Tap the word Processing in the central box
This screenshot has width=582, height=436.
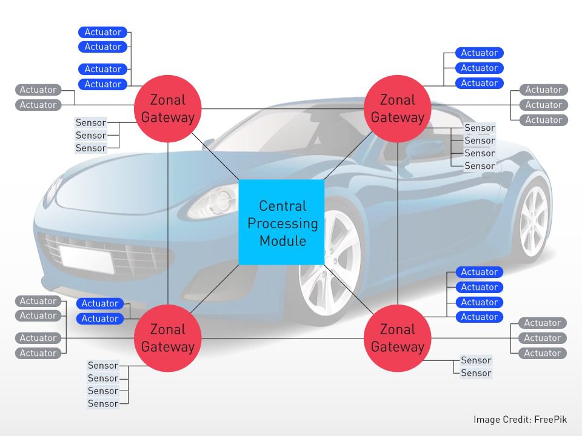pos(283,223)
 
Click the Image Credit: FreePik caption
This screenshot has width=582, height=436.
pos(520,419)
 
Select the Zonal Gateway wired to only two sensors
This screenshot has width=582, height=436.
pos(398,338)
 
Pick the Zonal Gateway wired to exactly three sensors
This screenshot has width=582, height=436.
pos(167,108)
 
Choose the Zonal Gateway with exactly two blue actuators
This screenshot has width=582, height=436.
pos(167,338)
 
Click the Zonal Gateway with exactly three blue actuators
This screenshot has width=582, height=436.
pos(398,108)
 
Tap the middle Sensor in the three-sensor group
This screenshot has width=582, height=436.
pos(91,136)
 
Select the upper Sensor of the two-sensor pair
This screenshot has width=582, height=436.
pos(476,360)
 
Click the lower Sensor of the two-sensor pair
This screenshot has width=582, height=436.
pos(476,373)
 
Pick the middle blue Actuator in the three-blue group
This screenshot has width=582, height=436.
pos(479,68)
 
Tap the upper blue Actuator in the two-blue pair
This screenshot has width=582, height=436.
pos(100,303)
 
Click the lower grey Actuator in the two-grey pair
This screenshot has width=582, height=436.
pos(38,105)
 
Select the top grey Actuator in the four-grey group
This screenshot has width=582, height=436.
pos(38,301)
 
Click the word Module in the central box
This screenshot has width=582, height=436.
pos(283,240)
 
